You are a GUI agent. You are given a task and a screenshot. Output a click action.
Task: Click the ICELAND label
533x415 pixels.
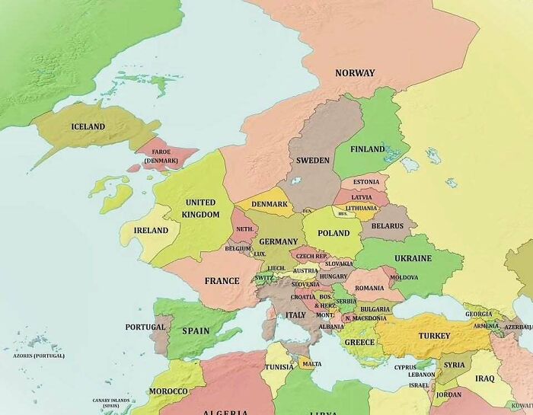88,126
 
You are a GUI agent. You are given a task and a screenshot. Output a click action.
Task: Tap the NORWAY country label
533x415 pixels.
355,73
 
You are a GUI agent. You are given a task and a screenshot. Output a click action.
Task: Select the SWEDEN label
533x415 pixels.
312,161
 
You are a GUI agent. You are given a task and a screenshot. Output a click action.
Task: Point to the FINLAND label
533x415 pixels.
367,149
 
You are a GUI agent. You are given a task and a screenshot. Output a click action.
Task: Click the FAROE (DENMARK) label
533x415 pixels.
160,156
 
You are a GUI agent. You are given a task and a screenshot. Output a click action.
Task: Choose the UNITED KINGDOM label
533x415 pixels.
201,208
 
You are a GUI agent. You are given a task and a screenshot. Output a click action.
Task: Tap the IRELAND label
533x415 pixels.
151,230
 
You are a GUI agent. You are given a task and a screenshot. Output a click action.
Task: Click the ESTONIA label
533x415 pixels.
366,182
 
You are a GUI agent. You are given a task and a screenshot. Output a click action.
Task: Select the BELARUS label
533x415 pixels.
388,226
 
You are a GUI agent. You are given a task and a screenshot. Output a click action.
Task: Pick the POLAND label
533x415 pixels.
334,234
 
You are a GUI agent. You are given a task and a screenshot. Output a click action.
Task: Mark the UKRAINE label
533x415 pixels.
413,258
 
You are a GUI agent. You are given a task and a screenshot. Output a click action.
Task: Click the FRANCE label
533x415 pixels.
222,281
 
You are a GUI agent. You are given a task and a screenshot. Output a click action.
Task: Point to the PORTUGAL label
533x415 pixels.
145,327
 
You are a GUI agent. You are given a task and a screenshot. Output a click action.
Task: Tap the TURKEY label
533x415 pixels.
434,336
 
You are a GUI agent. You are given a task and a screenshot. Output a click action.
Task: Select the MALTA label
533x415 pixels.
311,364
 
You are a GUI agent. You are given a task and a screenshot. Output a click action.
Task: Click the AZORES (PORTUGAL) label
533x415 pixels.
39,356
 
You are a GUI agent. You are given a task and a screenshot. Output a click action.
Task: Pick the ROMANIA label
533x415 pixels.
369,288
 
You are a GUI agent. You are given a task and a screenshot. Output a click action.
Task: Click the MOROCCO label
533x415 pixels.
168,391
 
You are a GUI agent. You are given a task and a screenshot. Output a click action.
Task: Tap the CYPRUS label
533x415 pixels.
405,367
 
